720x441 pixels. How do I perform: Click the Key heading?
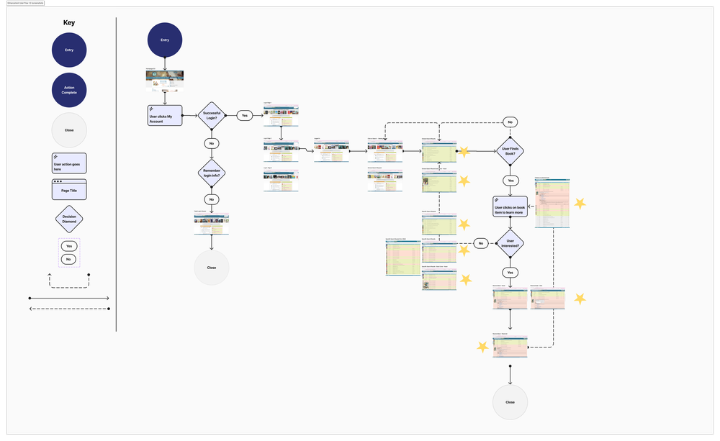click(x=68, y=22)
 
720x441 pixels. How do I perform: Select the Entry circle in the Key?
click(x=69, y=50)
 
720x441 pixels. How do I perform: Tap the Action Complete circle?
click(x=69, y=91)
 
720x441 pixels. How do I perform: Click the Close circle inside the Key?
click(x=69, y=131)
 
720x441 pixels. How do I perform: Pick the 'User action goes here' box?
click(x=69, y=163)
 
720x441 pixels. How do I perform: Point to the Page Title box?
click(x=69, y=190)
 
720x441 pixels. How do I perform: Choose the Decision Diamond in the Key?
click(x=69, y=219)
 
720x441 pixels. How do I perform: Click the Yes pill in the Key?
click(x=69, y=246)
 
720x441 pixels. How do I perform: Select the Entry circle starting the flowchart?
click(x=165, y=40)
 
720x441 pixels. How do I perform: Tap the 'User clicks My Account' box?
click(x=165, y=115)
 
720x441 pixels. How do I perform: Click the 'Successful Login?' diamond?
click(x=212, y=115)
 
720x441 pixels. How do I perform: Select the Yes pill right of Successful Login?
click(x=245, y=115)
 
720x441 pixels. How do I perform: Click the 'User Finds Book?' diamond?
click(x=510, y=152)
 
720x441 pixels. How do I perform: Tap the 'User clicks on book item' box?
click(x=510, y=206)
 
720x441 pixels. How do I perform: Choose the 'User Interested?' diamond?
click(x=510, y=243)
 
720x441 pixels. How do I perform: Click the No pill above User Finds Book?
click(x=510, y=122)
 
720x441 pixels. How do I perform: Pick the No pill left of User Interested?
click(x=482, y=243)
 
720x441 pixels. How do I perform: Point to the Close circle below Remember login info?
click(x=211, y=268)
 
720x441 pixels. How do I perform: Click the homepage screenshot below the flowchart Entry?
click(x=165, y=81)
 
